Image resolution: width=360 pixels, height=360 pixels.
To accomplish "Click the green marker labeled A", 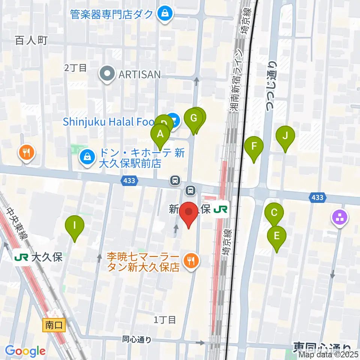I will [x=160, y=134].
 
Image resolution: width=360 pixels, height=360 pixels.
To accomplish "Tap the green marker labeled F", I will [x=254, y=145].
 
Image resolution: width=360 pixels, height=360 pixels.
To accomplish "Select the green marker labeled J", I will [x=285, y=135].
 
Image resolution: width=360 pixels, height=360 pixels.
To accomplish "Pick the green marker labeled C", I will [x=274, y=213].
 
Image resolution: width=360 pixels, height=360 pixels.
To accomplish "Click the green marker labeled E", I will [x=277, y=236].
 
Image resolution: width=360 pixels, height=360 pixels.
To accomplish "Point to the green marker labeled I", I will [x=75, y=225].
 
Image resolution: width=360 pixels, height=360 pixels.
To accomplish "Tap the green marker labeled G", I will [x=193, y=118].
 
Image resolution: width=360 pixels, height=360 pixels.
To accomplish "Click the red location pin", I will [x=189, y=213].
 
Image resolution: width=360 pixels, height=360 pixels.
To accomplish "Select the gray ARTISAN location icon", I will [x=107, y=74].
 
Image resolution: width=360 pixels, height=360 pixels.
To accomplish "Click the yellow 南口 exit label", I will [x=54, y=325].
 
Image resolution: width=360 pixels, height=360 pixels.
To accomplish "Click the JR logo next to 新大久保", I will [x=220, y=210].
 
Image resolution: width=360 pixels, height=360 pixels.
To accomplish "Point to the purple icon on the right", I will [x=340, y=217].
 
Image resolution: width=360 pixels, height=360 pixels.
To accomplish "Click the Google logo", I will [x=25, y=351].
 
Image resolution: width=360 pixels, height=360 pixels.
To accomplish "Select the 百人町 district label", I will [x=31, y=40].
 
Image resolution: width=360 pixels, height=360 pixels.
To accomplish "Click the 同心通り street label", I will [x=137, y=340].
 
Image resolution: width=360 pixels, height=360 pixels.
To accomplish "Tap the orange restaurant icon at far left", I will [x=26, y=153].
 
